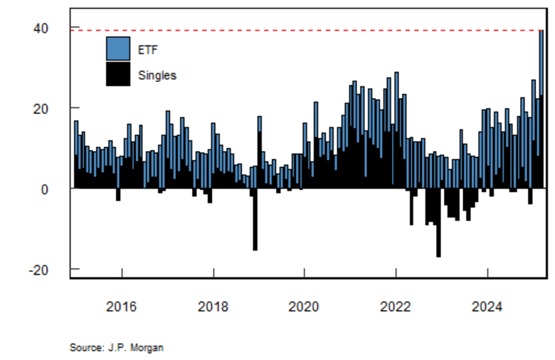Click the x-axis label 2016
[122, 307]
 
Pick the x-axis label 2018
[213, 307]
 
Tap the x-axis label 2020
[304, 307]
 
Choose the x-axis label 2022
[396, 307]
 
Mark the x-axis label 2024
[487, 307]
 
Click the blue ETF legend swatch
[118, 48]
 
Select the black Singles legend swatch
[118, 74]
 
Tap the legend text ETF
[147, 48]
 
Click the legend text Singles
[157, 75]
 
